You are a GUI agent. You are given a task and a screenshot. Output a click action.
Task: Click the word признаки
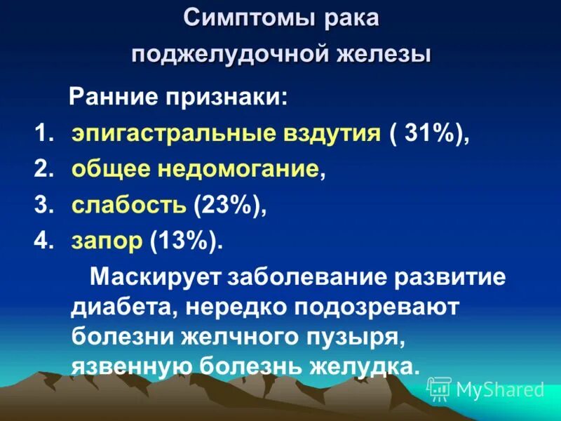pyautogui.click(x=224, y=97)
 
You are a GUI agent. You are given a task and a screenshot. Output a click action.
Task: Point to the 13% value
pyautogui.click(x=184, y=241)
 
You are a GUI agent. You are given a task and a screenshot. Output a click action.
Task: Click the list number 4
pyautogui.click(x=43, y=241)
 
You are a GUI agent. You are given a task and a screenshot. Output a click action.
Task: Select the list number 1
pyautogui.click(x=43, y=133)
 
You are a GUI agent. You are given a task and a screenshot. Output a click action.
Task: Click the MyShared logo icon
pyautogui.click(x=439, y=387)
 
